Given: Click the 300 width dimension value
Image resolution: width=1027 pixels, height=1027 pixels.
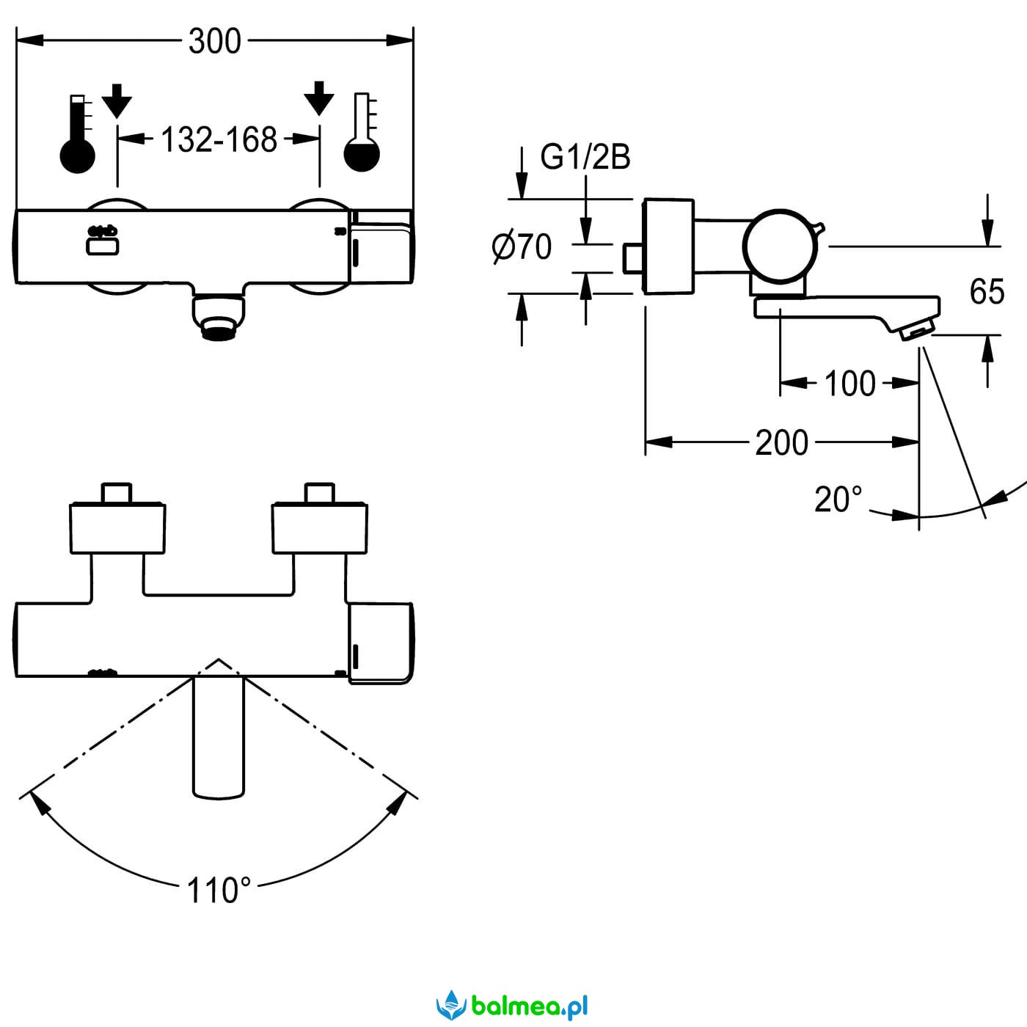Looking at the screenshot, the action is (x=215, y=41).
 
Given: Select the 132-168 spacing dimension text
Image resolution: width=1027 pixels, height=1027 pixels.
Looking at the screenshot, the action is (x=219, y=139).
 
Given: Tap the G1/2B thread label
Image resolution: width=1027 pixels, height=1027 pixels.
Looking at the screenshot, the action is (x=585, y=157).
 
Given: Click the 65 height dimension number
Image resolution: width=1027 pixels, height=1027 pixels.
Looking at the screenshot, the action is (x=987, y=291).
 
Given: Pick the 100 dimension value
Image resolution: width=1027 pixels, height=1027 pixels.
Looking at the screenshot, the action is (x=849, y=383).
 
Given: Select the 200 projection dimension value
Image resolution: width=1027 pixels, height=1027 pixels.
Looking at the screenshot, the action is (x=781, y=442).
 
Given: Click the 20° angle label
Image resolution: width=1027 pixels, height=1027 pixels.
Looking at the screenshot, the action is (x=838, y=500).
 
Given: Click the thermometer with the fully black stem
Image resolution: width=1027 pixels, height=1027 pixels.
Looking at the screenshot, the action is (x=77, y=134).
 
